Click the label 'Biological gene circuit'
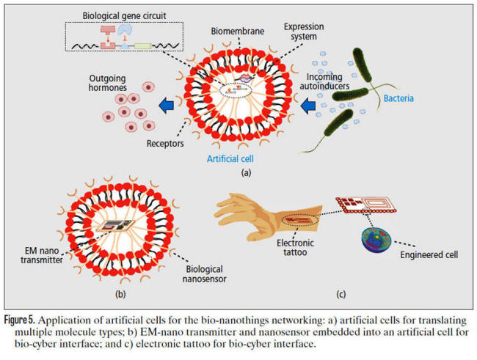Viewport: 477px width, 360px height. (124, 15)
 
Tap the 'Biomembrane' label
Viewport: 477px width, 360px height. (238, 31)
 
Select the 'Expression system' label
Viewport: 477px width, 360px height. (304, 32)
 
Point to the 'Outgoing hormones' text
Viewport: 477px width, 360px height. (107, 83)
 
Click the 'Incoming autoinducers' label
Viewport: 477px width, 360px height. (324, 81)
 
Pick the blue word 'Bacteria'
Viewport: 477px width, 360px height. (398, 98)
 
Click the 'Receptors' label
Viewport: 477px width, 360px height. (165, 143)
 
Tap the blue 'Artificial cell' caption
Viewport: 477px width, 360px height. (230, 158)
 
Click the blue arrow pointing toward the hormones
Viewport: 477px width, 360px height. (166, 106)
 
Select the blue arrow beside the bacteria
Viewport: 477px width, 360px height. (308, 106)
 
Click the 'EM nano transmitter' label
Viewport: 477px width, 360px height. (42, 255)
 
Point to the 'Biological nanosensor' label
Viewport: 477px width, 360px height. (204, 274)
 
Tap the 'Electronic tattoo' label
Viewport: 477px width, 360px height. (295, 248)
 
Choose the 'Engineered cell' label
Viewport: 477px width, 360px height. (429, 255)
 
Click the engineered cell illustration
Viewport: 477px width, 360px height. (376, 240)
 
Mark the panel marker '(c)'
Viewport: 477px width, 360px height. (341, 294)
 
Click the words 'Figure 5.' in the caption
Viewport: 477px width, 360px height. (20, 320)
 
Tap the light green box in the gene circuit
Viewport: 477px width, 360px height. (142, 46)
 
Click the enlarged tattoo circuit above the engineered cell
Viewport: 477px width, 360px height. (366, 205)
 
